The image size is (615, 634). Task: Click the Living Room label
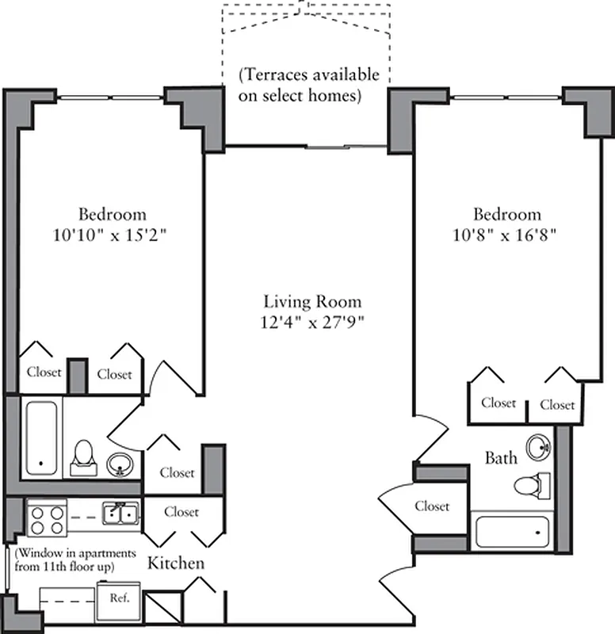click(312, 302)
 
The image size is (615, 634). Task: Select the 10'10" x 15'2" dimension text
click(112, 235)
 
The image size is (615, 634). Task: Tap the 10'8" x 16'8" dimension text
click(507, 235)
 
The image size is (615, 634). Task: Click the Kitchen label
click(176, 564)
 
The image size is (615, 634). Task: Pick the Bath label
click(501, 457)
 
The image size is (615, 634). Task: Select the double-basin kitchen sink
click(120, 515)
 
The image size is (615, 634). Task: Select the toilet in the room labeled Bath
click(531, 483)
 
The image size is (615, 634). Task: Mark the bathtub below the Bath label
click(512, 530)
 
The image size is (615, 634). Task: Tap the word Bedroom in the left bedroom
click(112, 215)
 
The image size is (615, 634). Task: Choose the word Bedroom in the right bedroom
click(507, 215)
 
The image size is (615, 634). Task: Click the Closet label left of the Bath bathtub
click(432, 506)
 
